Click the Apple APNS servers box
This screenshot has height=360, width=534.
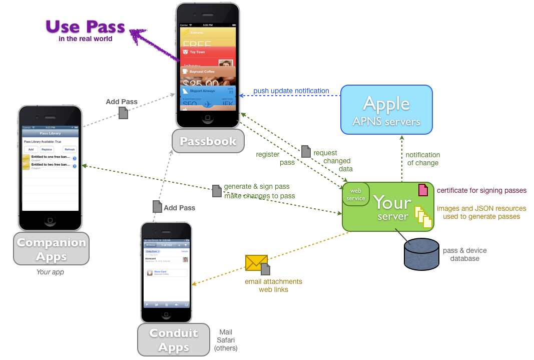[x=386, y=110]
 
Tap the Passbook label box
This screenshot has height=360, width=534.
[x=208, y=141]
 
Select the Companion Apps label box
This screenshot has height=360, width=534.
[x=51, y=249]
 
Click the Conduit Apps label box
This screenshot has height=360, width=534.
[x=174, y=339]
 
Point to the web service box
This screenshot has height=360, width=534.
[x=356, y=194]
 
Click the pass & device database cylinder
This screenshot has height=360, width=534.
[x=421, y=253]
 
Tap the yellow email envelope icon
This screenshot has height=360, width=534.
[x=256, y=262]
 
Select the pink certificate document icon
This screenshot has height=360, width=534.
[x=423, y=190]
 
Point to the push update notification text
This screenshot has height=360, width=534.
[x=291, y=91]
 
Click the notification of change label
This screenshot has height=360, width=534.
[x=422, y=159]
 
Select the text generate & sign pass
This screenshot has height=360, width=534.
[x=256, y=186]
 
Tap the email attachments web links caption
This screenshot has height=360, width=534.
[x=273, y=285]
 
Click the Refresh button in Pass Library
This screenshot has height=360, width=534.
[x=70, y=149]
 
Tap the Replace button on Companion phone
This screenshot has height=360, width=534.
[x=47, y=149]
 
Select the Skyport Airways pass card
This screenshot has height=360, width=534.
[x=208, y=91]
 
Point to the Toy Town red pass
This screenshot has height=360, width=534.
[x=208, y=52]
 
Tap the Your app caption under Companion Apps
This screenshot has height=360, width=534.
[x=50, y=272]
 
